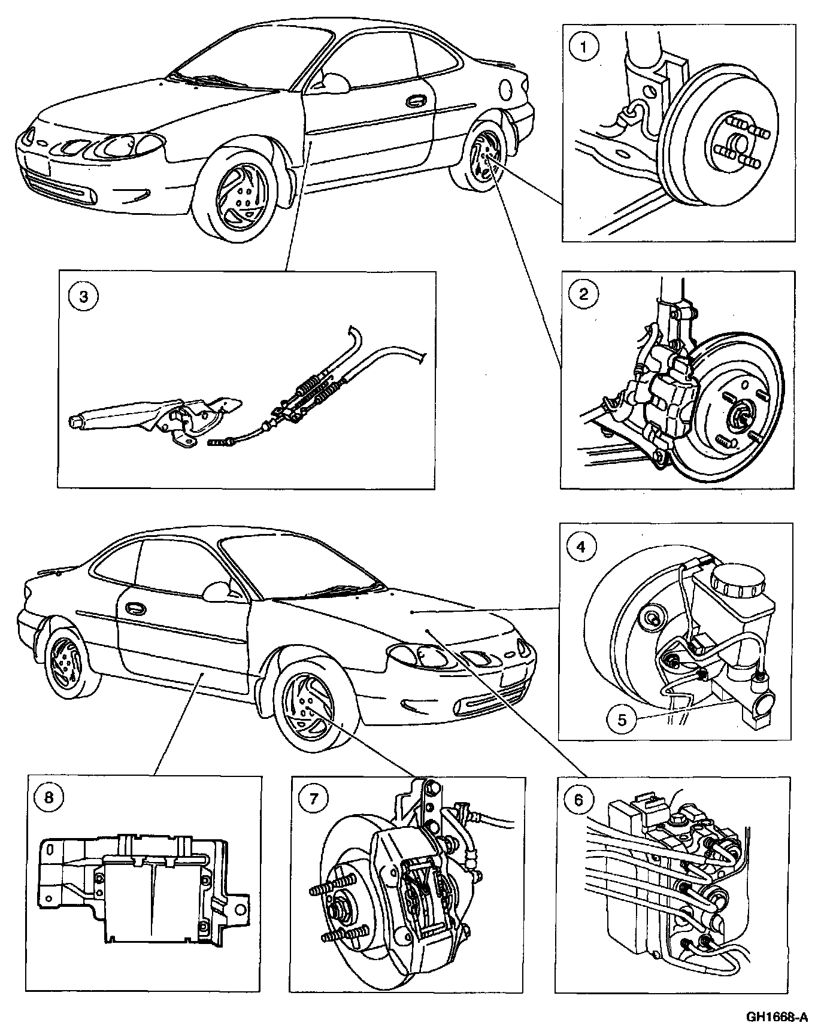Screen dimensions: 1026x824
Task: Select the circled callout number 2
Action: pyautogui.click(x=583, y=294)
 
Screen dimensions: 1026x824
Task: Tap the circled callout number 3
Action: pyautogui.click(x=83, y=297)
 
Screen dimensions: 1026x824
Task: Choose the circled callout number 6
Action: pyautogui.click(x=578, y=800)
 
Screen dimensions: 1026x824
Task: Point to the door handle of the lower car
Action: pyautogui.click(x=135, y=608)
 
